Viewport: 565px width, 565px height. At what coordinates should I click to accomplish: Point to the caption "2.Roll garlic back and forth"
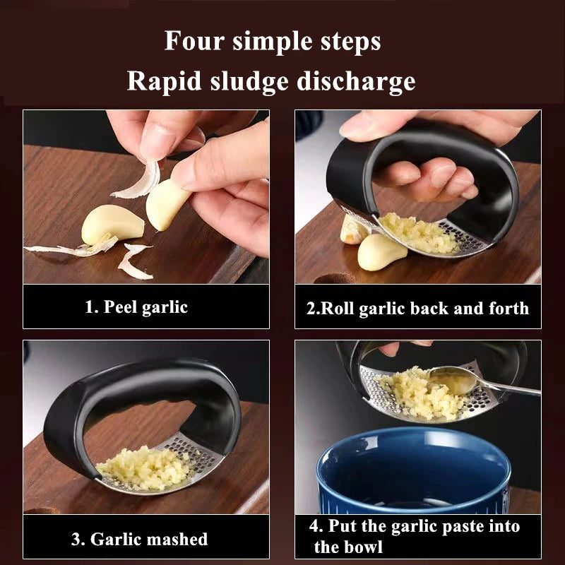(x=417, y=308)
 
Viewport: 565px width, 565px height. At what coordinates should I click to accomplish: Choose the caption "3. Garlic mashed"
(x=139, y=540)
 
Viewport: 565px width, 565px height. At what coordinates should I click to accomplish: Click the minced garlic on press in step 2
(x=420, y=233)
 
